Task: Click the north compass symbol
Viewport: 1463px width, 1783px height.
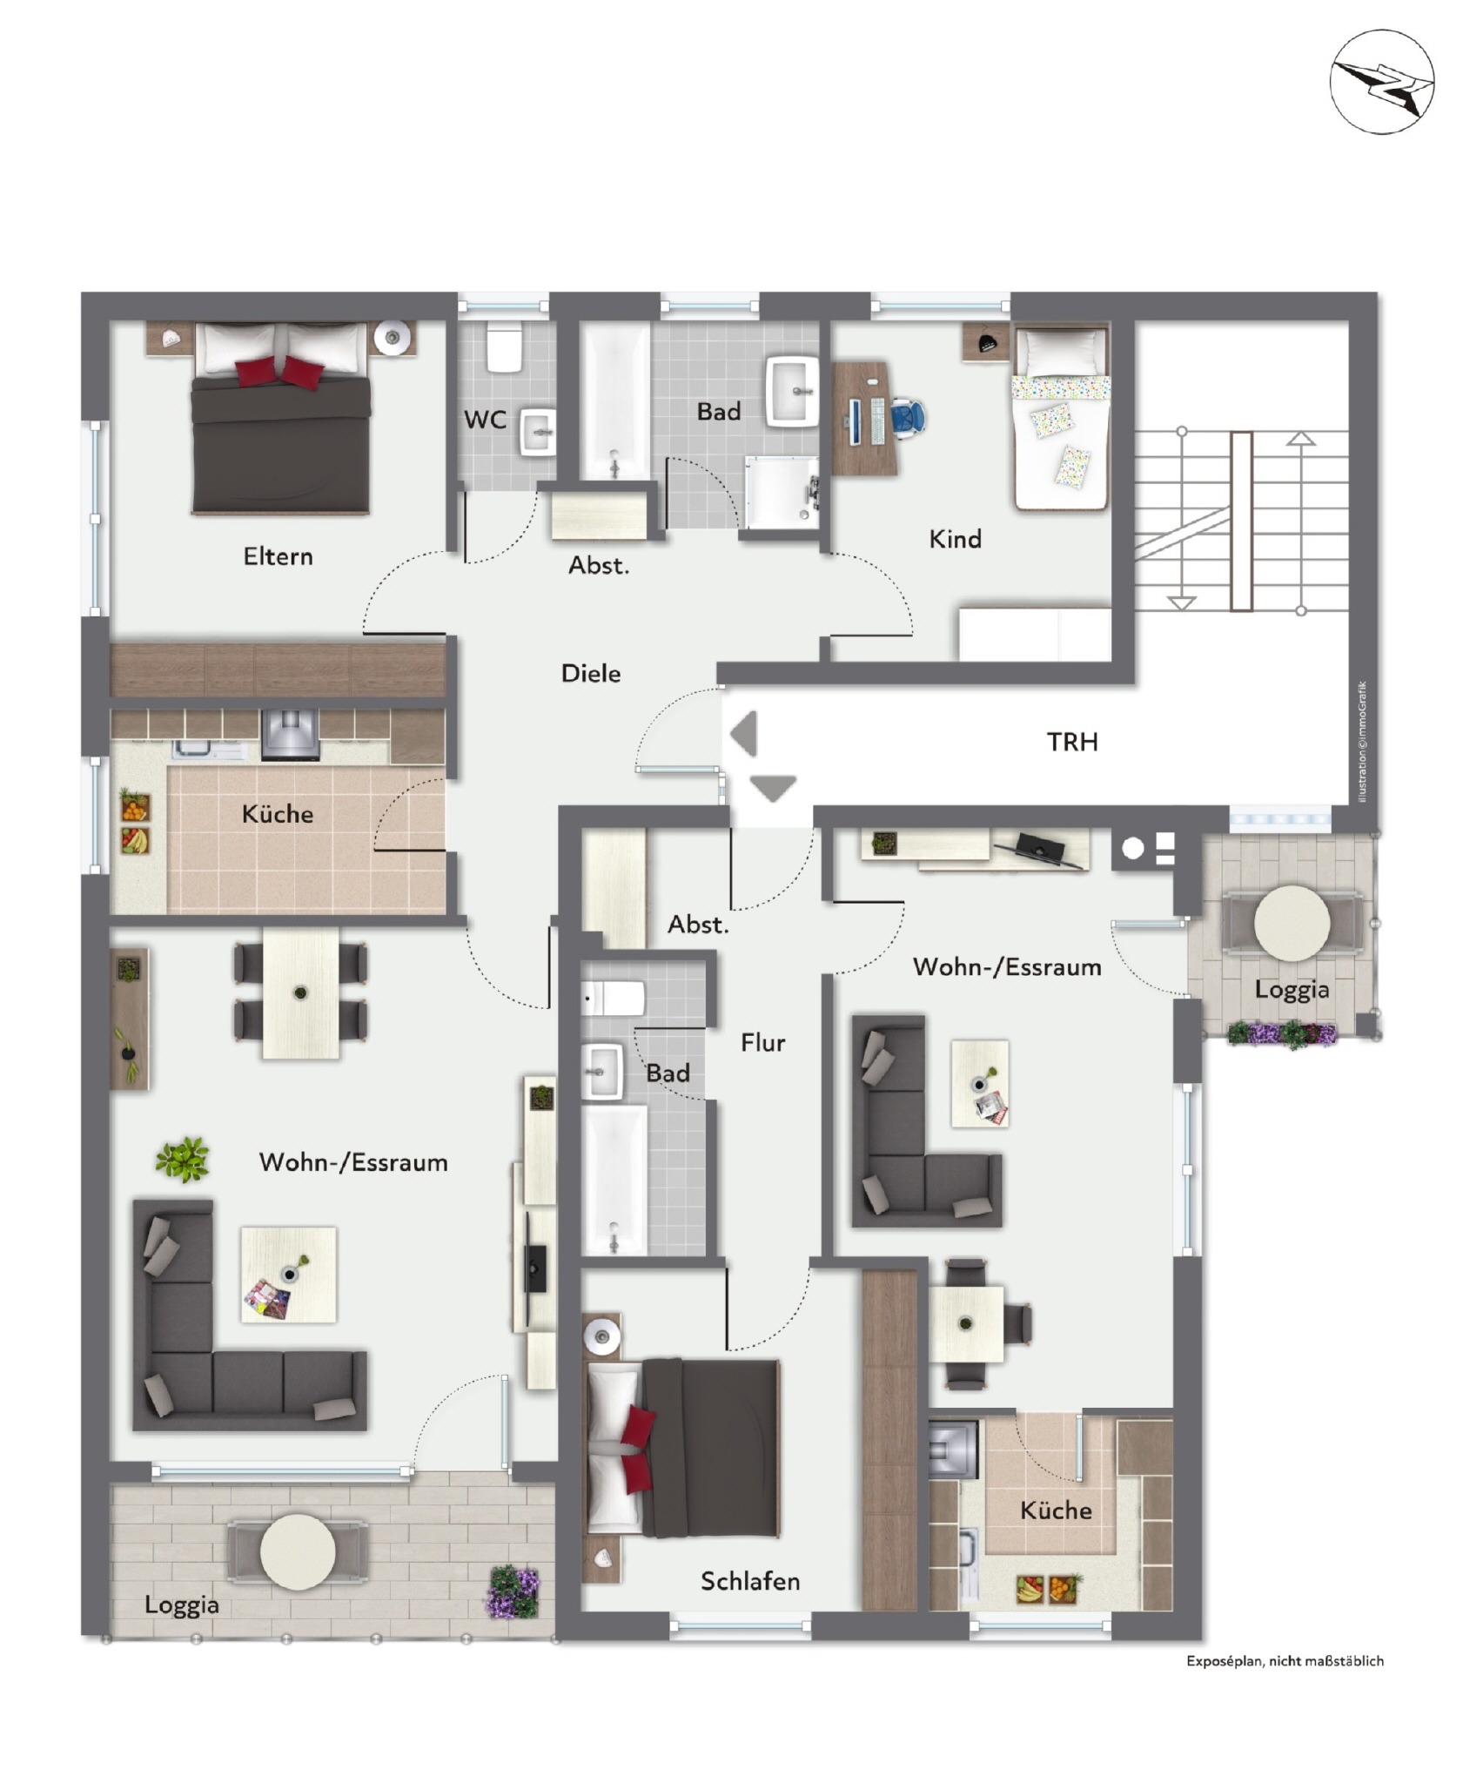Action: (x=1380, y=81)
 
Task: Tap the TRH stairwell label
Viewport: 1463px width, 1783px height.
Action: (x=1071, y=742)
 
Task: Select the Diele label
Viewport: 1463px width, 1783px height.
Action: (x=591, y=673)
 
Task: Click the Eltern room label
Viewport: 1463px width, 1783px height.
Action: (x=278, y=556)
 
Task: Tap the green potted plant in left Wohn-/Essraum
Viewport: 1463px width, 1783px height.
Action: (x=183, y=1159)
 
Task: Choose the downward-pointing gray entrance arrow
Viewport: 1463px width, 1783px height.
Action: (x=773, y=788)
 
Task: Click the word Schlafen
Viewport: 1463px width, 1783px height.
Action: (x=750, y=1581)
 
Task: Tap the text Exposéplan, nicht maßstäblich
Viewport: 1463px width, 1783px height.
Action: (x=1285, y=1661)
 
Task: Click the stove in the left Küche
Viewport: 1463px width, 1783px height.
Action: (x=290, y=735)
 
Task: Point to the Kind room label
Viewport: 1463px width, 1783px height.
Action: (x=955, y=539)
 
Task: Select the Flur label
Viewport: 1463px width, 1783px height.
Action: (x=762, y=1042)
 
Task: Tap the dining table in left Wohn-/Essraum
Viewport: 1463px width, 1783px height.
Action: (x=300, y=992)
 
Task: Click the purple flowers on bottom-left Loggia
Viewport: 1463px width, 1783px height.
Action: (x=513, y=1591)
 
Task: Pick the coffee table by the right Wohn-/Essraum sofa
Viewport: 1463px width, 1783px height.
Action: (x=980, y=1084)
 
